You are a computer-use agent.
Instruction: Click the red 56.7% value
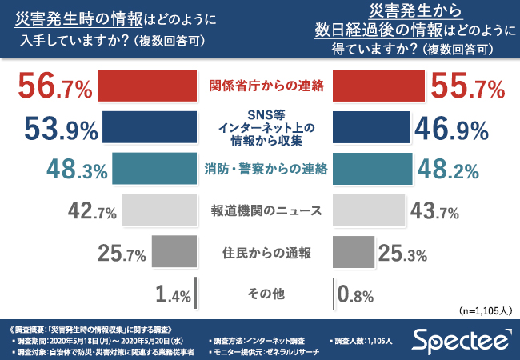[54, 86]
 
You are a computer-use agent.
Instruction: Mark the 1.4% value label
[171, 295]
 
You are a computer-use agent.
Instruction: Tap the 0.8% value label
[355, 295]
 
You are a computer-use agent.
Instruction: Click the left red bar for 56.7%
[146, 86]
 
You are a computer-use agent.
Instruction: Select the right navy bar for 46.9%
[370, 127]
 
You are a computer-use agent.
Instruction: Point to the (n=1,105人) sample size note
[484, 310]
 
